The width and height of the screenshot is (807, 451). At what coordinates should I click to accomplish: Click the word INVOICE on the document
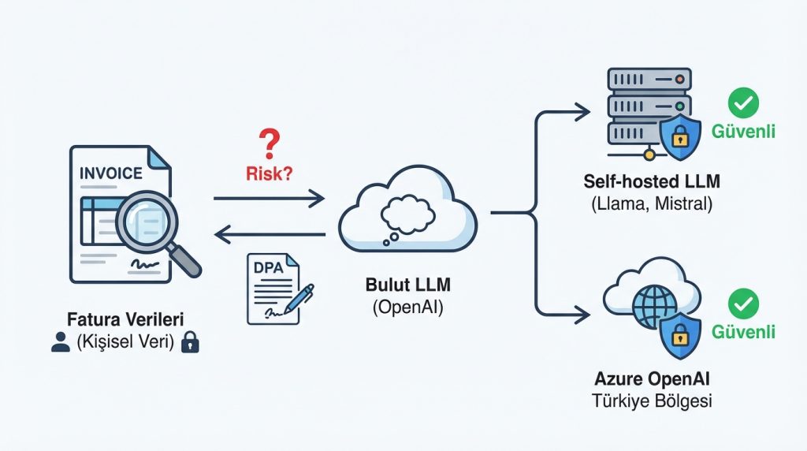(111, 173)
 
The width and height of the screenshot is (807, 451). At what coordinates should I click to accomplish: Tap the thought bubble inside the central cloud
(407, 214)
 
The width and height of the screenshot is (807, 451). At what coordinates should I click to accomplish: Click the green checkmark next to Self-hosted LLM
(743, 102)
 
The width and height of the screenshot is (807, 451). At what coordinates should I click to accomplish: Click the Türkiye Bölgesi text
(652, 401)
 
